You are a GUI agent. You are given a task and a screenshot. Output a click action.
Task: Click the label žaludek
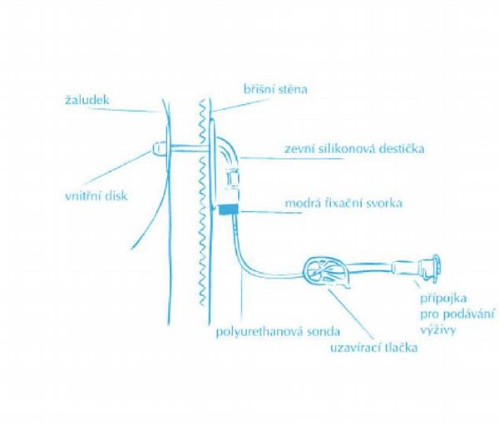86,101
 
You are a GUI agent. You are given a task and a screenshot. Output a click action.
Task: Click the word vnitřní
83,197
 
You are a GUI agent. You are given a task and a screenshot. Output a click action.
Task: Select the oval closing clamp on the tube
325,272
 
